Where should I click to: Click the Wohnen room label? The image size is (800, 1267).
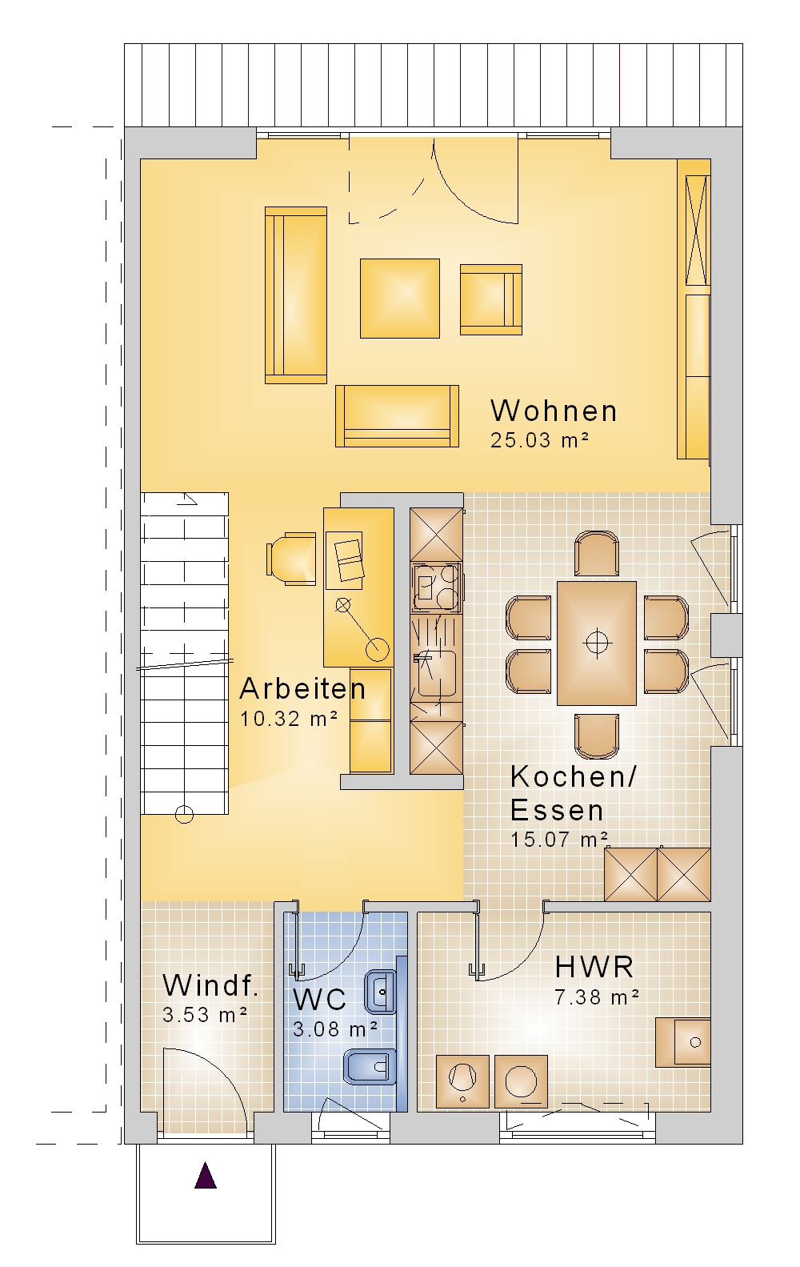(x=554, y=411)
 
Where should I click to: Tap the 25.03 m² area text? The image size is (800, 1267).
(x=540, y=440)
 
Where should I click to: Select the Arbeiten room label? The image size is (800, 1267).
(x=302, y=689)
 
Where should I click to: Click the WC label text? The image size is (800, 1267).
(x=319, y=999)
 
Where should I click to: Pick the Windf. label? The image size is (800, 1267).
(x=210, y=984)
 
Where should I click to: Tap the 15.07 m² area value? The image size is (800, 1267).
(x=559, y=840)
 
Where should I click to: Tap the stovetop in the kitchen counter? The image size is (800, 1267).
(x=437, y=587)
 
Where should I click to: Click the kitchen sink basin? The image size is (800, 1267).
(x=437, y=673)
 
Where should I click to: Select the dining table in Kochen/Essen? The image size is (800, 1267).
(x=597, y=644)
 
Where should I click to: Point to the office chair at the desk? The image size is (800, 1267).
(x=290, y=559)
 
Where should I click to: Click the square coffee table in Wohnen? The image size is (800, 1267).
(x=400, y=298)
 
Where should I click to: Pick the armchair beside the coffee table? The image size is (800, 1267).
(x=490, y=299)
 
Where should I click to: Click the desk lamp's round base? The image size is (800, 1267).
(x=377, y=649)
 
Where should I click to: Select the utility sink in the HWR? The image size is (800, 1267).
(x=683, y=1041)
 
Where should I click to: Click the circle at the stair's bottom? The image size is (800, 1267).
(x=184, y=814)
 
